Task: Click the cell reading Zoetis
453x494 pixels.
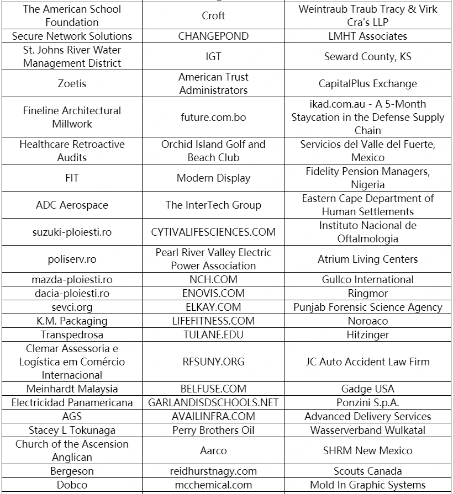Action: click(x=72, y=84)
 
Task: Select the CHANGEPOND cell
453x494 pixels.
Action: click(x=213, y=36)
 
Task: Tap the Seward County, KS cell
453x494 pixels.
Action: click(x=367, y=57)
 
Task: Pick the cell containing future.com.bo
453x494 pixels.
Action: click(x=213, y=118)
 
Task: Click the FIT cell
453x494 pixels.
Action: click(x=72, y=178)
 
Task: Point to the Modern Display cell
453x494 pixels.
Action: click(x=213, y=178)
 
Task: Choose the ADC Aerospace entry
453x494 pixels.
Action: click(x=72, y=205)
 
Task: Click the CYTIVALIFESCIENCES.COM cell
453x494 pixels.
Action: click(x=213, y=232)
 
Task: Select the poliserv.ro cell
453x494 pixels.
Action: click(x=72, y=259)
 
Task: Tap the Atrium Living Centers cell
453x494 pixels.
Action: click(x=367, y=259)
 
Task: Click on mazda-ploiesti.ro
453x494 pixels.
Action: click(x=72, y=280)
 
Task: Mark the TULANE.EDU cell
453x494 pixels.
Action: click(x=213, y=335)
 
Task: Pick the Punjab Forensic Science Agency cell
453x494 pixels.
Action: click(x=367, y=307)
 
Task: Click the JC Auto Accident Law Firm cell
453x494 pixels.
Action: click(x=367, y=362)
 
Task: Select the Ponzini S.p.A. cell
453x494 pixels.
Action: click(x=367, y=403)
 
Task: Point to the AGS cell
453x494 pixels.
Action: click(x=72, y=417)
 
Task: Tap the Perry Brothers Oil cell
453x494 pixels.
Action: click(x=213, y=431)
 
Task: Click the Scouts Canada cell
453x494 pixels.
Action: click(x=367, y=471)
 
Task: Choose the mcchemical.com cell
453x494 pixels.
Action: click(x=213, y=485)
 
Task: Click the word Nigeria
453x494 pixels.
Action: click(x=367, y=185)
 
